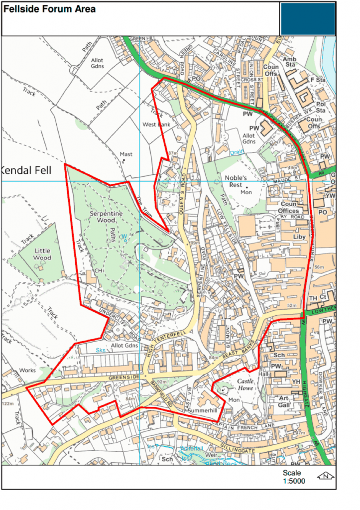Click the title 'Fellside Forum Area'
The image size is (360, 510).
[50, 9]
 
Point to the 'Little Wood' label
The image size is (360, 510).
[42, 255]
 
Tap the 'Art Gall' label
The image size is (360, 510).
[283, 401]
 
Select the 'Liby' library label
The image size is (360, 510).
[299, 237]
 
